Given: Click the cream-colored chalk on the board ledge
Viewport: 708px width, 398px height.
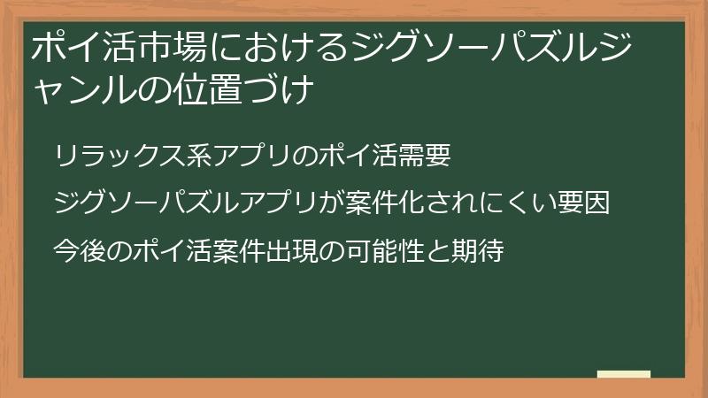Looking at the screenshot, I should (x=624, y=374).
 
